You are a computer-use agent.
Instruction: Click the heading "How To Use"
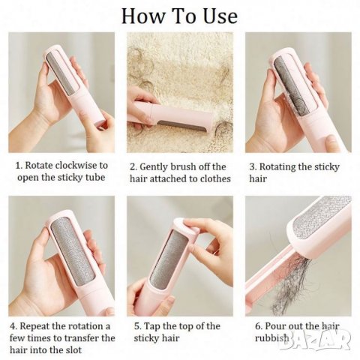click(179, 16)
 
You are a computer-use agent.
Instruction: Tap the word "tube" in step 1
click(94, 177)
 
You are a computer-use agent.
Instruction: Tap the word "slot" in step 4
click(73, 349)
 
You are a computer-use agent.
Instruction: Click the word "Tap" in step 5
click(152, 326)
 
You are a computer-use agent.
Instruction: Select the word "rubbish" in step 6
click(271, 337)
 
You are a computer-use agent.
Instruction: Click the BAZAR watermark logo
click(315, 339)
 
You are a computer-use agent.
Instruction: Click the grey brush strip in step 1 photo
click(62, 73)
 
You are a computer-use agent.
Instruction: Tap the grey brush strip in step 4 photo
click(73, 252)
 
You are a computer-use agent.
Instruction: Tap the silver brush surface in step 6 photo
click(322, 215)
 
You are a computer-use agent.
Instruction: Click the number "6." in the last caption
click(259, 326)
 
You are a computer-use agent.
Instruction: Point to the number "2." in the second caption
click(133, 167)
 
